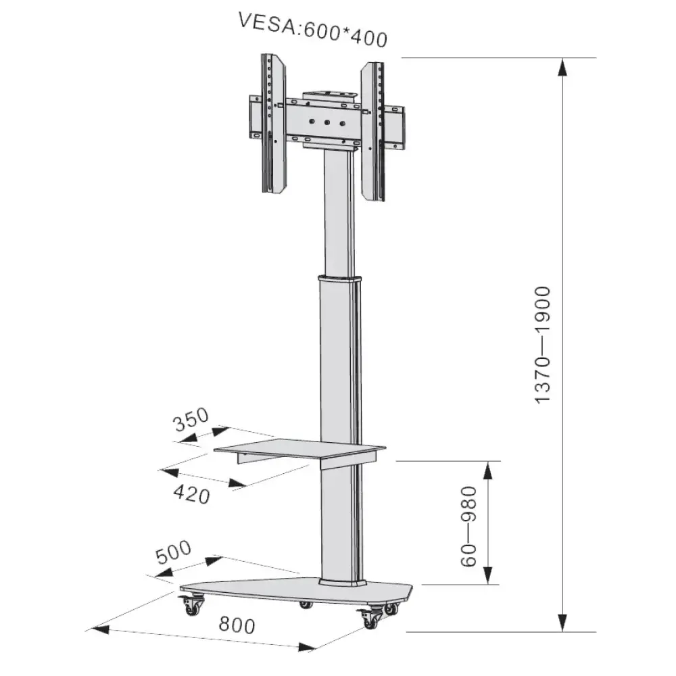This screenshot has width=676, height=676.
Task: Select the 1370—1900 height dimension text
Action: [x=545, y=345]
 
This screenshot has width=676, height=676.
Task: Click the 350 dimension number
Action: [x=190, y=422]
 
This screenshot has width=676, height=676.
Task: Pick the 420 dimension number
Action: [x=191, y=494]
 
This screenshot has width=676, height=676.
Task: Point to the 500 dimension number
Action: [x=174, y=554]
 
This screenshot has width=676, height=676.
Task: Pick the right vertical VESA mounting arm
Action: [x=372, y=131]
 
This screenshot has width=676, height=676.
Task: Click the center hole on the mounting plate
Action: [x=327, y=122]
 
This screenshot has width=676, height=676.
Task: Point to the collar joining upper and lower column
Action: [x=338, y=279]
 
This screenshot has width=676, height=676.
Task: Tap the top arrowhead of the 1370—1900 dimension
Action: [x=562, y=68]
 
